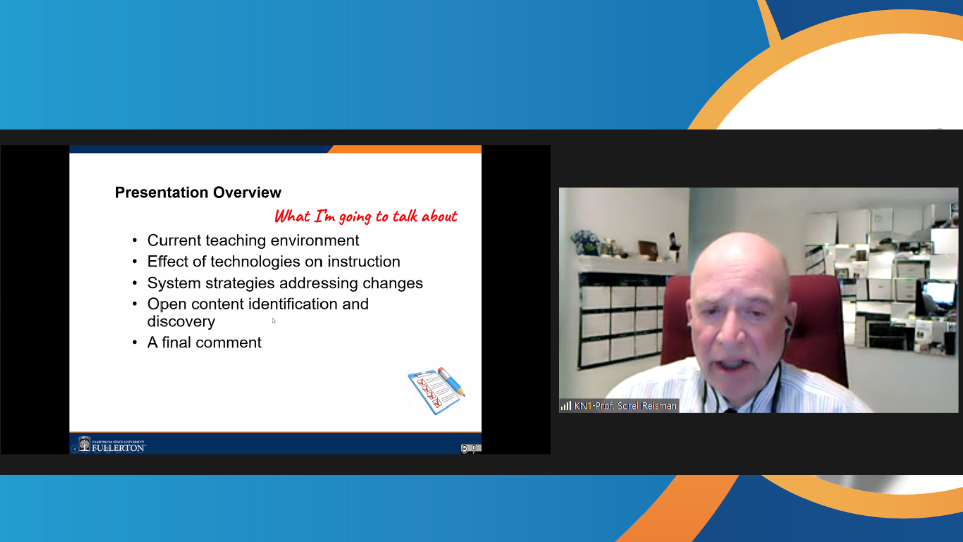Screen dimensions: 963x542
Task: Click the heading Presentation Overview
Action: [198, 192]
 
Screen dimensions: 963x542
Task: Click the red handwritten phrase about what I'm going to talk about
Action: [366, 216]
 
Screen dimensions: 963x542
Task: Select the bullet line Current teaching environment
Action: [253, 241]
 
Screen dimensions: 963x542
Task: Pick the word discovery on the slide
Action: [181, 322]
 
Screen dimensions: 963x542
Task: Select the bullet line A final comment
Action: [204, 342]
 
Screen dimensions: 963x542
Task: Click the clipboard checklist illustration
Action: [436, 390]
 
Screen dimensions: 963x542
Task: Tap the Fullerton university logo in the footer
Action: [112, 445]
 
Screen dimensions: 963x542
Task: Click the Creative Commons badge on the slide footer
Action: [471, 449]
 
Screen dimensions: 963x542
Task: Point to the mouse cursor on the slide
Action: [274, 321]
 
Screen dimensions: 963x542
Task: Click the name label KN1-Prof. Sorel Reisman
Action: [625, 406]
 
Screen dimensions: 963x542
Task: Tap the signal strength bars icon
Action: [566, 405]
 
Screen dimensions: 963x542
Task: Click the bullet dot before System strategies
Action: [135, 284]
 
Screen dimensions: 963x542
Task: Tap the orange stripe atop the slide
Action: [405, 149]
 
